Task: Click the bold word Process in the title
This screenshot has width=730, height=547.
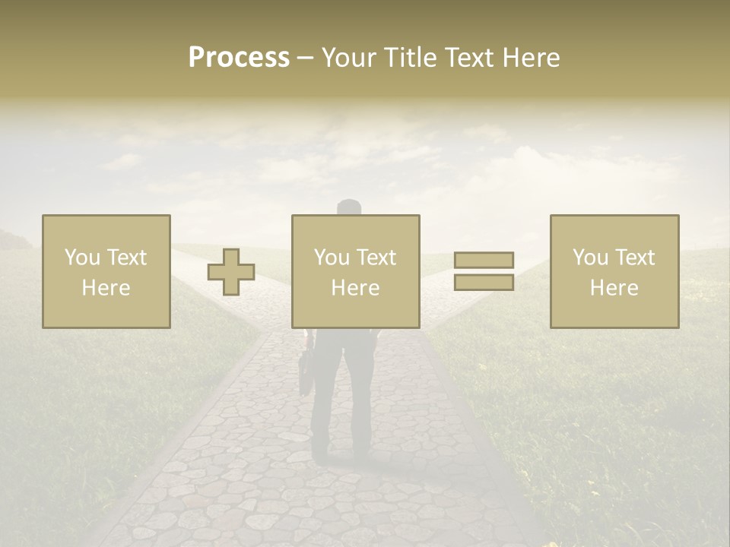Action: tap(239, 58)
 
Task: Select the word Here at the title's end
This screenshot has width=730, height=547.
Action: tap(532, 58)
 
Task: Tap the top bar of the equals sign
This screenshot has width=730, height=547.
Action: tap(484, 260)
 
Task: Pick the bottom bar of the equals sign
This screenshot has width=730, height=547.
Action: tap(484, 283)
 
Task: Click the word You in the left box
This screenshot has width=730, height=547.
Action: tap(81, 258)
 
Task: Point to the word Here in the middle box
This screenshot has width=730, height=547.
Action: tap(356, 288)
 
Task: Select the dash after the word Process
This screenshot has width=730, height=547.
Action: tap(306, 58)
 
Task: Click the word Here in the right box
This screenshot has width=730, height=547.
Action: tap(614, 288)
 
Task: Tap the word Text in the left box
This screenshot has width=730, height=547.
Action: tap(127, 258)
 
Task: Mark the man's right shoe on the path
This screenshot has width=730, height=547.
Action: tap(363, 456)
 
